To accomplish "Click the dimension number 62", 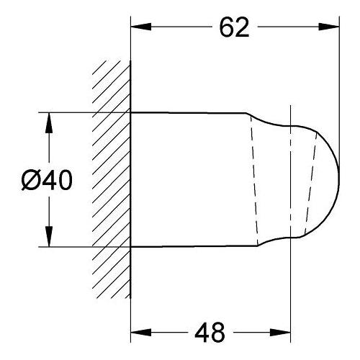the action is (x=234, y=27).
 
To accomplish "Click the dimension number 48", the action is (x=210, y=333).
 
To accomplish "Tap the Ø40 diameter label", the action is (x=47, y=180).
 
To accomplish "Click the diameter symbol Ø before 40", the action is (x=31, y=180).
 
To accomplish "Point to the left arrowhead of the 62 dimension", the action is (x=141, y=27).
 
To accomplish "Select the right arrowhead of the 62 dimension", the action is (x=329, y=27).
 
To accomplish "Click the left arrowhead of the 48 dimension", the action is (x=141, y=333).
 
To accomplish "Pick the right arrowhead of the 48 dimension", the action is (x=280, y=333).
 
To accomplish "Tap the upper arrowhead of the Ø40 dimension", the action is (x=49, y=122).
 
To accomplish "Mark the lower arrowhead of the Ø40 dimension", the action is (x=49, y=236).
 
